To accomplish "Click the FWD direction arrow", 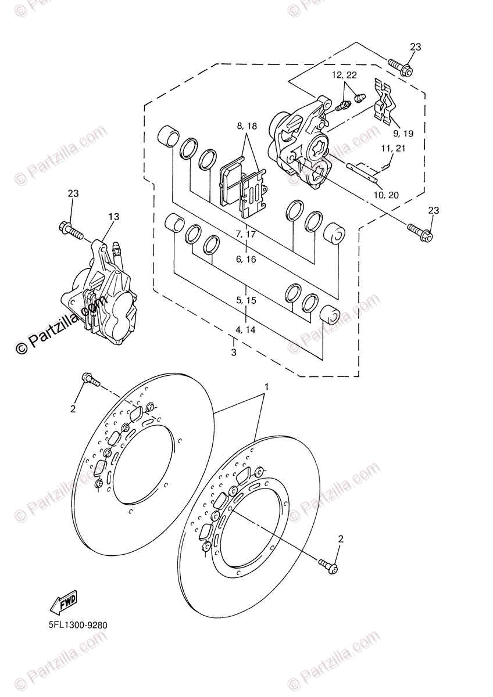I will pos(63,603).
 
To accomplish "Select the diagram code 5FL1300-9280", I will pos(74,626).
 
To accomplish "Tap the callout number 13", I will pos(113,217).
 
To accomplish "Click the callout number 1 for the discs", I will pos(266,386).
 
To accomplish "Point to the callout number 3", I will pos(234,353).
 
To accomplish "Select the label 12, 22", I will pos(344,75).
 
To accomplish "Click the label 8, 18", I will pos(246,126).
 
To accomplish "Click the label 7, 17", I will pos(246,234).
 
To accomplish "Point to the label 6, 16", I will pos(246,259).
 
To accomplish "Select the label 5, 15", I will pos(246,300).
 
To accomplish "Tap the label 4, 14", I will pos(246,329).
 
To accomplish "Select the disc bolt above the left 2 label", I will pos(90,380).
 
